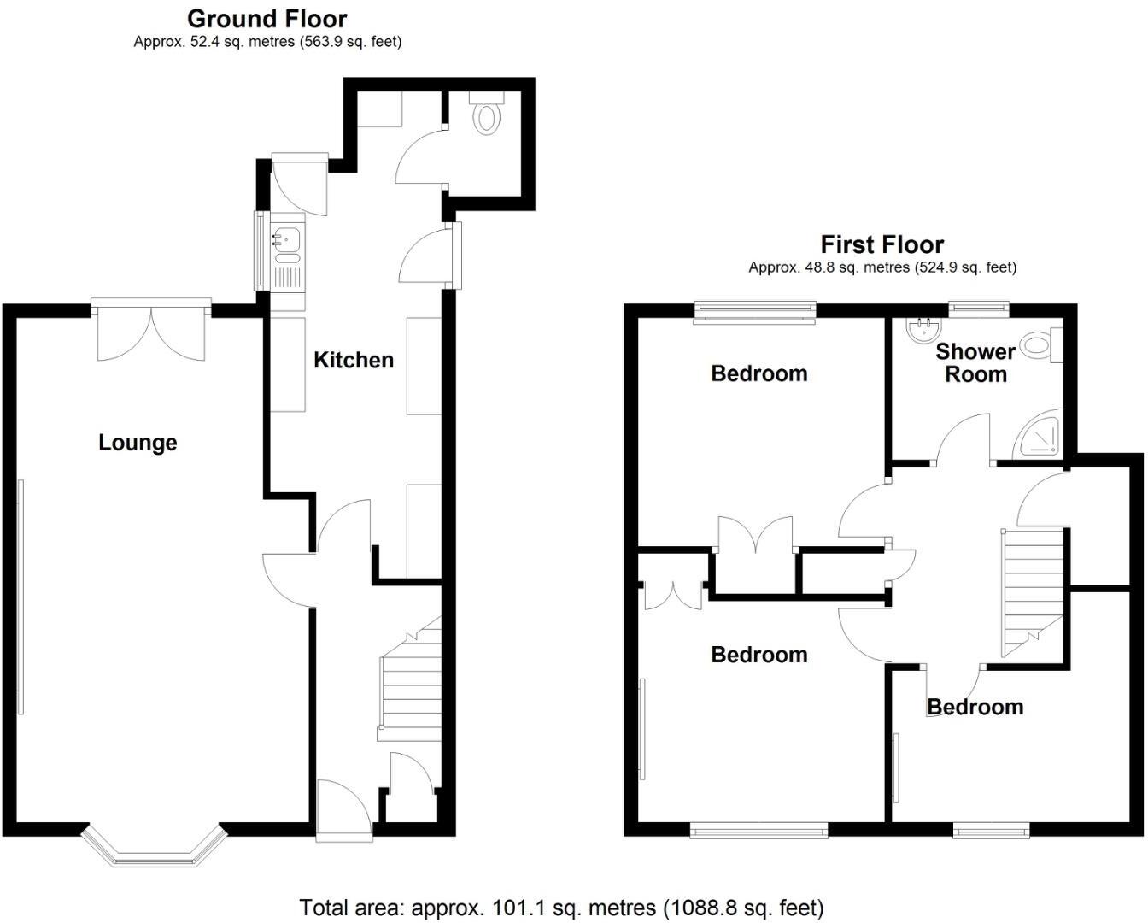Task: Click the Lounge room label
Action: pos(138,443)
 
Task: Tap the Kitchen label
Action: pos(354,360)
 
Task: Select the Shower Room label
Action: pos(975,363)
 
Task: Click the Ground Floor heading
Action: pos(267,18)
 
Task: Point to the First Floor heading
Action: pos(882,245)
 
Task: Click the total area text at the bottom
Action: pos(561,907)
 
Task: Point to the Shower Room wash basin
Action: pos(921,329)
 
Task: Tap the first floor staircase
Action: pos(1030,590)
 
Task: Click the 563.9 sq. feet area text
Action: pos(350,41)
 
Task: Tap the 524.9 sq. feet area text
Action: pos(965,267)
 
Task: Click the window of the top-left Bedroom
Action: pos(755,310)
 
